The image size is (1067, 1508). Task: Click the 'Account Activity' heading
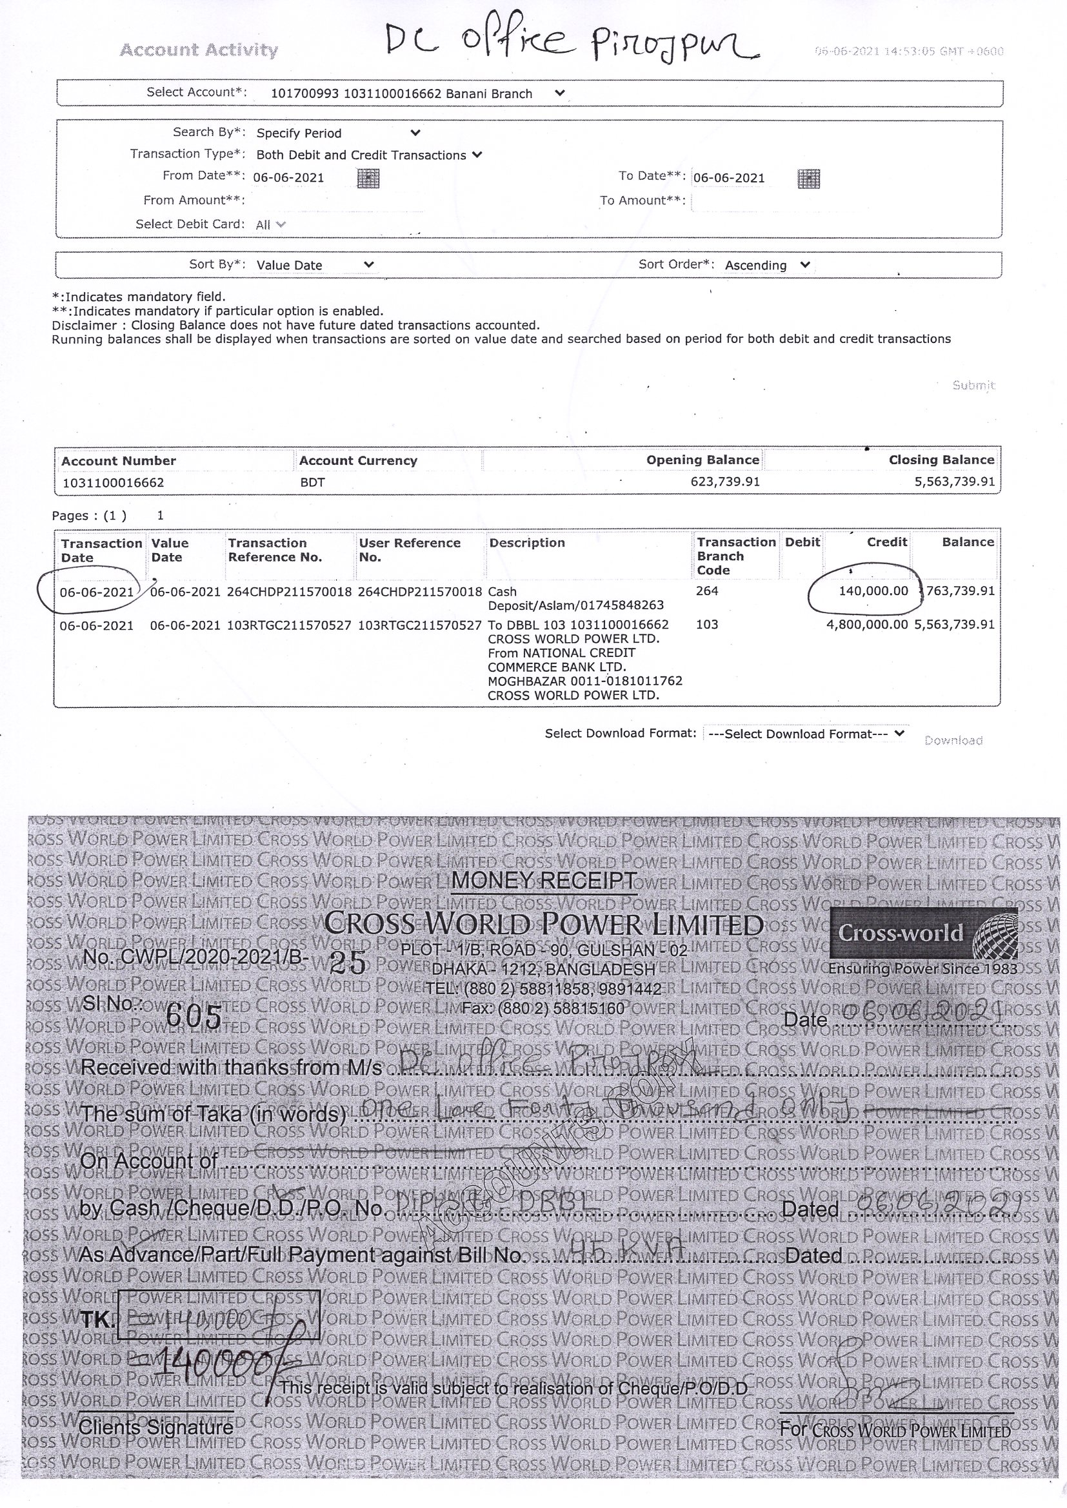coord(199,50)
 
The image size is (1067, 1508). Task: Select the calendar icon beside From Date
coord(368,177)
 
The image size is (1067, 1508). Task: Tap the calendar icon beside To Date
coord(808,178)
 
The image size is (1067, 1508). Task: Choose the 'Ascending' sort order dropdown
coord(767,266)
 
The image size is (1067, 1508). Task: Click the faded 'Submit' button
coord(973,385)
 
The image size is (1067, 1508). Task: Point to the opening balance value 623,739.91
coord(724,482)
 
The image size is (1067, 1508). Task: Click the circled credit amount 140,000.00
coord(873,591)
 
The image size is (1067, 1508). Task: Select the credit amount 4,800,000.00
coord(866,625)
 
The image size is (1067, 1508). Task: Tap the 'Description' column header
coord(527,543)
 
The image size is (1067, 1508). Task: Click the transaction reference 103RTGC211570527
coord(289,625)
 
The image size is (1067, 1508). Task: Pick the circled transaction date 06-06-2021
coord(97,592)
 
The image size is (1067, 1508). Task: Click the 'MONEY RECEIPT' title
coord(544,881)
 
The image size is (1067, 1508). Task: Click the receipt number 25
coord(348,963)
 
